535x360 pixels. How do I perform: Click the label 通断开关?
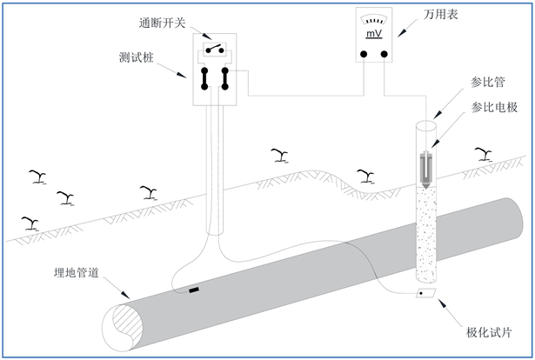coord(162,23)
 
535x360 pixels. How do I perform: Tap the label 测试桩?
coord(137,57)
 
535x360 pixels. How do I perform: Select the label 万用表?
coord(440,14)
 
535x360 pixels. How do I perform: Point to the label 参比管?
coord(487,82)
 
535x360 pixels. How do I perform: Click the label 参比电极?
coord(494,107)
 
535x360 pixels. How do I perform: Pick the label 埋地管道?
coord(77,272)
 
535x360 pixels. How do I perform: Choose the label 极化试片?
coord(489,332)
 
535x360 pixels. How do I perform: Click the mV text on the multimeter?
coord(374,34)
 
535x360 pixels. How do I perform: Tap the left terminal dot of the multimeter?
coord(364,54)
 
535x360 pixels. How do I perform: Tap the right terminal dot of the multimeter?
coord(385,54)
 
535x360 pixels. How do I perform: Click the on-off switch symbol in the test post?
coord(215,49)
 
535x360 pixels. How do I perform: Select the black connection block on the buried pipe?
coord(194,290)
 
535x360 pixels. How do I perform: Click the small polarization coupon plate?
coord(426,293)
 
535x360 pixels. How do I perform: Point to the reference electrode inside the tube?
coord(426,170)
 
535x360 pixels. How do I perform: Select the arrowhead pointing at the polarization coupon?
coord(443,303)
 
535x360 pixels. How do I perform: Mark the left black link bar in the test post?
coord(204,79)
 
